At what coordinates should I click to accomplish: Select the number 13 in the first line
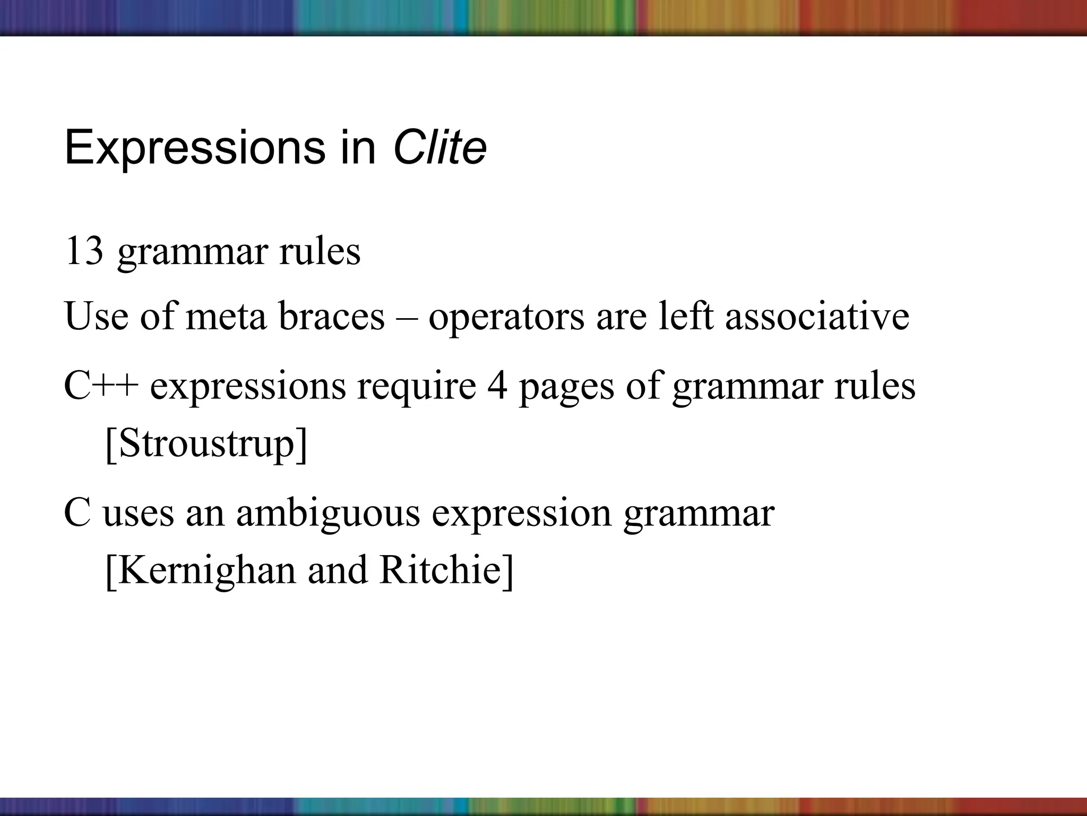(83, 251)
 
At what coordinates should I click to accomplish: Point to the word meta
(226, 317)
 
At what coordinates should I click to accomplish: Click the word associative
(817, 317)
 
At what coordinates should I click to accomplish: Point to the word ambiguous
(328, 515)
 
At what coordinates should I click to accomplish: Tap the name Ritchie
(445, 570)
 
